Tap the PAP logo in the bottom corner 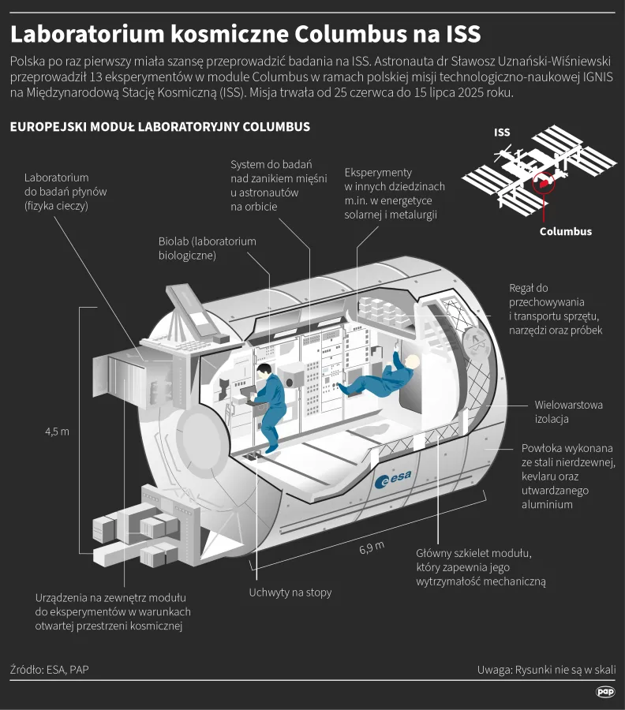605,692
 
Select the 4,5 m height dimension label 57,431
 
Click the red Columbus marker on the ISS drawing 543,183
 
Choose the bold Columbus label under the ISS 565,231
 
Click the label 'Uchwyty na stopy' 290,592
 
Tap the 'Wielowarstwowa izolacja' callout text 568,412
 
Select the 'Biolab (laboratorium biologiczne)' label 207,248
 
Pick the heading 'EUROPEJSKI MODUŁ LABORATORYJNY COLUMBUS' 159,127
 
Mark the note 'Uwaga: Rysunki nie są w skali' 546,670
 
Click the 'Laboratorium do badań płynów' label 65,192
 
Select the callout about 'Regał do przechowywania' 556,309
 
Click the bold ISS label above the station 502,133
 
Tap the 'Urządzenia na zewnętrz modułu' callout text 113,611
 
